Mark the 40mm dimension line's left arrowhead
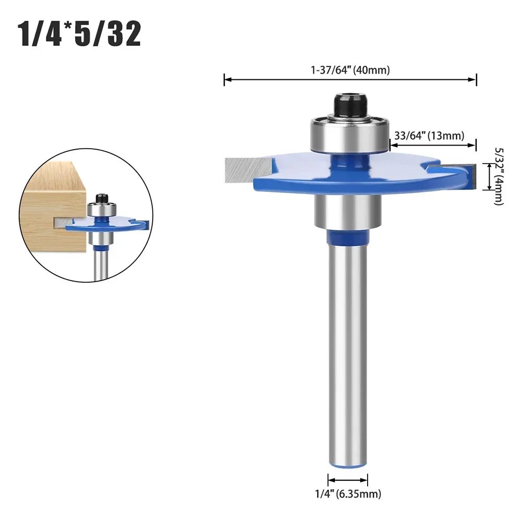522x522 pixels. coord(226,79)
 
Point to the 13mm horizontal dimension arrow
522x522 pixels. coord(433,147)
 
